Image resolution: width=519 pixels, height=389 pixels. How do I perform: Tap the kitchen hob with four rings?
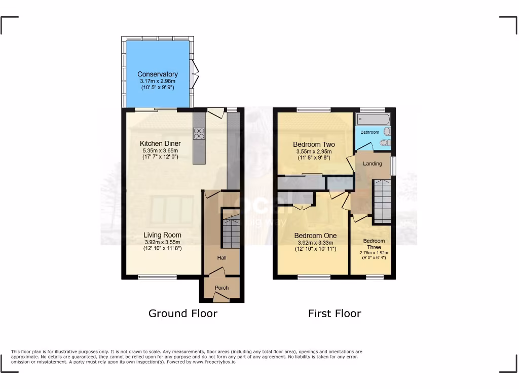[199, 133]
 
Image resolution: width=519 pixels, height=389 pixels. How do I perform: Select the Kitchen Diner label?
[160, 143]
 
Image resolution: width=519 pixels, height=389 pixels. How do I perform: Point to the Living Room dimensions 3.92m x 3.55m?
[162, 242]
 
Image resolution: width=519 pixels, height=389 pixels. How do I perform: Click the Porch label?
[221, 288]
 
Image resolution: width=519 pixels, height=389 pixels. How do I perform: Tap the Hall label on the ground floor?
[222, 258]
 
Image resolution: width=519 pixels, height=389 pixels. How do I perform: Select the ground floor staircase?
[231, 231]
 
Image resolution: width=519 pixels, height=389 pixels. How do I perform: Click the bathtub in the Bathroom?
[373, 120]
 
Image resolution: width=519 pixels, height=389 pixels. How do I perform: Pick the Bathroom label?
[369, 132]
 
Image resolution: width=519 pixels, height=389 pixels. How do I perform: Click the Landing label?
[372, 164]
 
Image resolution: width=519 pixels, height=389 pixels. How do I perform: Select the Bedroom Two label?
[314, 144]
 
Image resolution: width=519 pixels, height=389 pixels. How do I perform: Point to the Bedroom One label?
[315, 236]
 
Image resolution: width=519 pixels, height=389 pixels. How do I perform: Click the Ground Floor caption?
[182, 314]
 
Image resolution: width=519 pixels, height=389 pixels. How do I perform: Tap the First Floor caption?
[335, 314]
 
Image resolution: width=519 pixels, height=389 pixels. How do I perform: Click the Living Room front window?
[157, 277]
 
